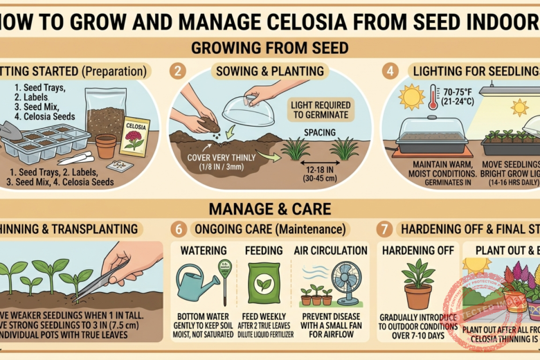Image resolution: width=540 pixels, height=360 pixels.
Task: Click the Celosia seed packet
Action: click(x=134, y=136)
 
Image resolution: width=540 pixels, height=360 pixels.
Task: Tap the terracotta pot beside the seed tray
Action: click(x=106, y=145)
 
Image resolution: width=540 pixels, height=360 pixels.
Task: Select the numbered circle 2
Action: click(x=180, y=71)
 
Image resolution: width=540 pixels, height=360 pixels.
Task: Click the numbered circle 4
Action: click(x=391, y=71)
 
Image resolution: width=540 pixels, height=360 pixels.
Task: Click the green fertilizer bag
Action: click(x=263, y=285)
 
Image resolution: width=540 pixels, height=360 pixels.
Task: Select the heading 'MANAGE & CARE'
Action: click(x=269, y=208)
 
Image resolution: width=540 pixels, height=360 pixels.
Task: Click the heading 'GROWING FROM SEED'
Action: click(x=269, y=49)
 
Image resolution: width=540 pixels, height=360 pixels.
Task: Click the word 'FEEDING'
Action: click(x=263, y=250)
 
